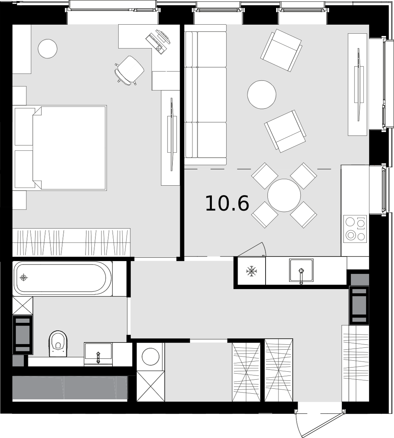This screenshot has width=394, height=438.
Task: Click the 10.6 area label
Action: pyautogui.click(x=227, y=203)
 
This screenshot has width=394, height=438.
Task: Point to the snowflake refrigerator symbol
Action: pyautogui.click(x=251, y=271)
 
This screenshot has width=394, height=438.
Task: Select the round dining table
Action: pyautogui.click(x=284, y=195)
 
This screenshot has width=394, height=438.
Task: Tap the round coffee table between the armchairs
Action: pyautogui.click(x=262, y=94)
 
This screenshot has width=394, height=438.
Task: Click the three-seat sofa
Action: pyautogui.click(x=205, y=95)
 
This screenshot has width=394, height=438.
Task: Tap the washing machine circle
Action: pyautogui.click(x=151, y=356)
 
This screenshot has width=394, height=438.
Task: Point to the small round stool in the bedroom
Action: pyautogui.click(x=48, y=48)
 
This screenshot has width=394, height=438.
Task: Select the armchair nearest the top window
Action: pyautogui.click(x=281, y=50)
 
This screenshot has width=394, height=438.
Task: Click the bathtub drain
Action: pyautogui.click(x=24, y=278)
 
